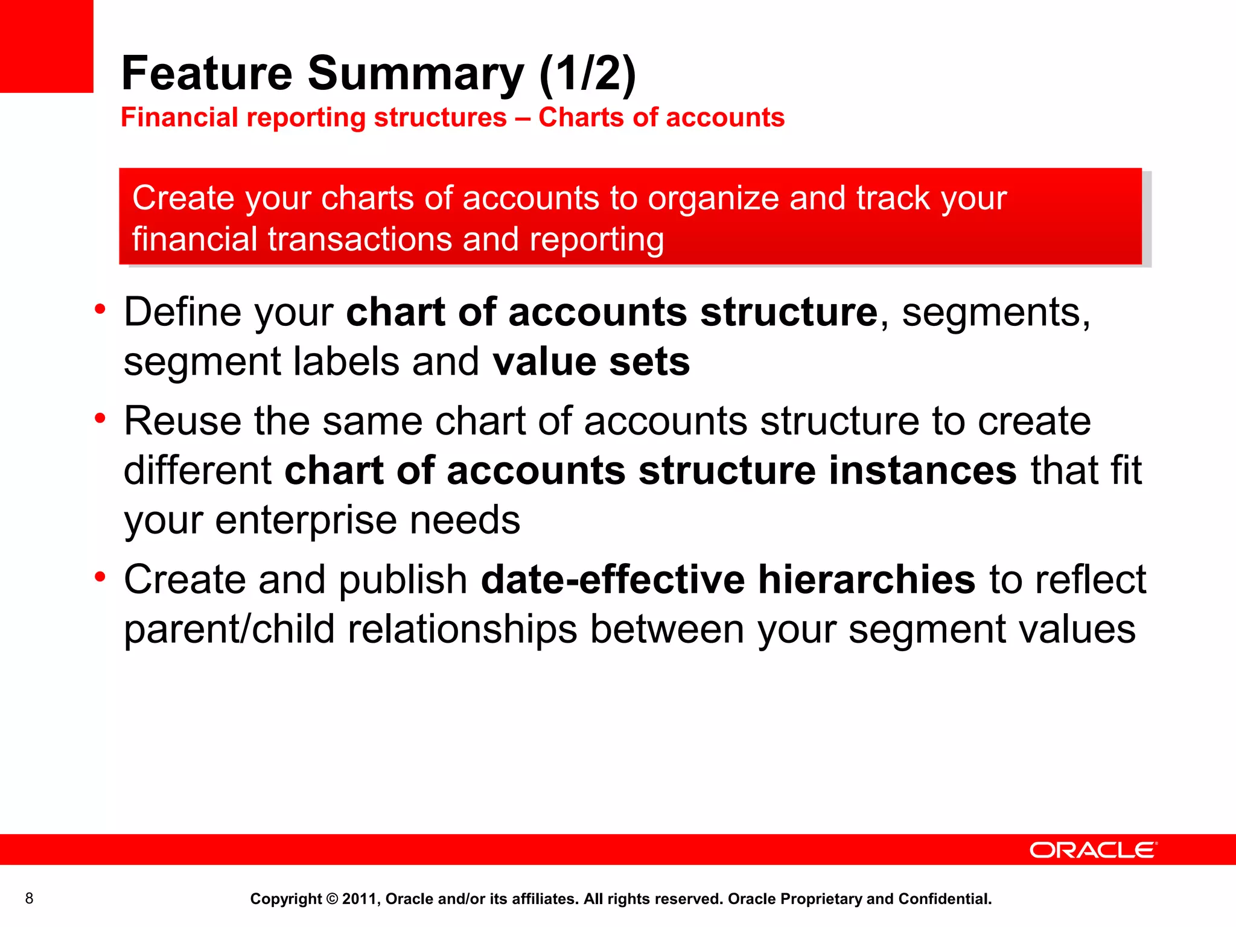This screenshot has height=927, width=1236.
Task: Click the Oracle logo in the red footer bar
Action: click(1093, 850)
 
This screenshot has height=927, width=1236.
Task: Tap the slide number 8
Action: click(29, 899)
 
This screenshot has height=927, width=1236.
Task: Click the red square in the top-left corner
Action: click(46, 46)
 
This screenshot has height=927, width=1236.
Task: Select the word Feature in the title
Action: click(207, 74)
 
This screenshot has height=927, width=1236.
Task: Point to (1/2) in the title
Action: click(587, 74)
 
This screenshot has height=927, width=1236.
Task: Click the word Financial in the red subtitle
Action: click(179, 117)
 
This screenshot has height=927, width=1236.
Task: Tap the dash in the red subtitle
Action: click(523, 118)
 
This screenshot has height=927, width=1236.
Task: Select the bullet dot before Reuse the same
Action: click(100, 418)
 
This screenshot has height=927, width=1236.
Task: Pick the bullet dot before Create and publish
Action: click(100, 576)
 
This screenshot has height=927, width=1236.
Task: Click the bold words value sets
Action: click(591, 362)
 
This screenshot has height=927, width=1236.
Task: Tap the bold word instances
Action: click(923, 470)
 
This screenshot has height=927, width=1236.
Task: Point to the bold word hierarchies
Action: click(867, 579)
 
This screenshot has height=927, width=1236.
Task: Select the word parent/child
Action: click(229, 629)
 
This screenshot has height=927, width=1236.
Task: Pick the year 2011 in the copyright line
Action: click(358, 899)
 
